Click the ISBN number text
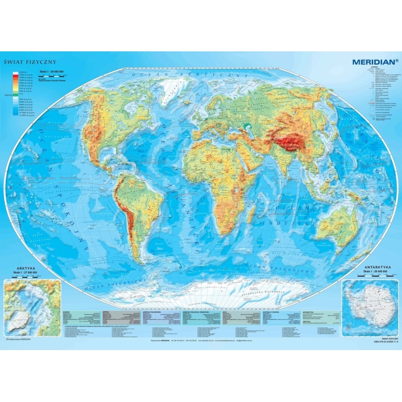point(382,341)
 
